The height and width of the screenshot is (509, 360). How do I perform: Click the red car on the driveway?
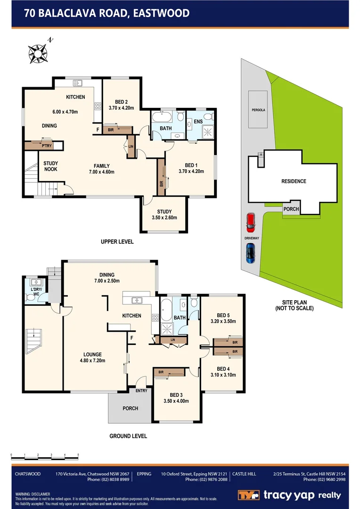250,222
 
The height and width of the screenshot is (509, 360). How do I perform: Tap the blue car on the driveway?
250,254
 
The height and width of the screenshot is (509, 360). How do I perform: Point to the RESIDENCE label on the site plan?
294,181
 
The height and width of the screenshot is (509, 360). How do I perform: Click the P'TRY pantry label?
46,146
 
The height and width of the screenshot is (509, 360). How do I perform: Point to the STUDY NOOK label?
50,166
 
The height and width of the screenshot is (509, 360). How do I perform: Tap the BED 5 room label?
223,318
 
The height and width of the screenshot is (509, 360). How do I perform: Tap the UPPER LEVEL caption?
117,242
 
